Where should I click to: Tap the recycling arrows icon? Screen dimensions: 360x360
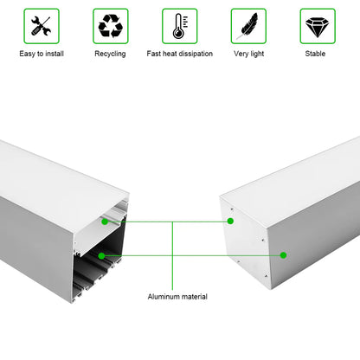pos(110,26)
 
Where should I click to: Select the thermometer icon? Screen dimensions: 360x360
pos(179,26)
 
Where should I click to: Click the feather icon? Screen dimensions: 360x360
pos(248,26)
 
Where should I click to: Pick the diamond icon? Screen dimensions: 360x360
pos(317,26)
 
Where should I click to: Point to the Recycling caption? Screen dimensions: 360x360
pos(110,54)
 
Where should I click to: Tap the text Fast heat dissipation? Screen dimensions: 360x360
pos(179,54)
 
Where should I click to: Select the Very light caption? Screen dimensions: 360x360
pos(248,54)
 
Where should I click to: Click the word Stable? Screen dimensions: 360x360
pos(316,54)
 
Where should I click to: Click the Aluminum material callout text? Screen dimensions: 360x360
pos(177,297)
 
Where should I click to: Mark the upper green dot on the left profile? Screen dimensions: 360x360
pos(105,222)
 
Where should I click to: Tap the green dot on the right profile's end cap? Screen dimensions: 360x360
pos(230,221)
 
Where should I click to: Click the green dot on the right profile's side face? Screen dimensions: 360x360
pos(283,255)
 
